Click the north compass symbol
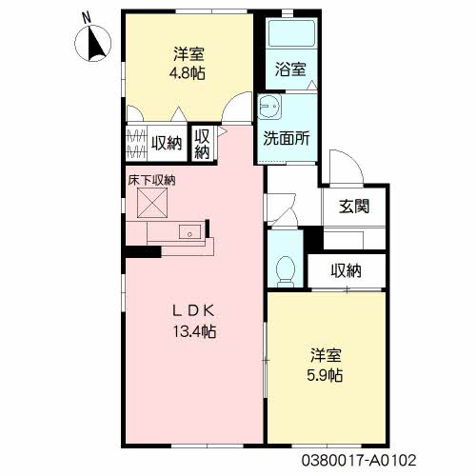pyautogui.click(x=93, y=43)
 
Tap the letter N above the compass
pyautogui.click(x=86, y=18)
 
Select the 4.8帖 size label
pyautogui.click(x=187, y=73)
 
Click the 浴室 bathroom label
pyautogui.click(x=290, y=69)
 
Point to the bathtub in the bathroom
pyautogui.click(x=291, y=33)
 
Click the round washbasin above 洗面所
pyautogui.click(x=269, y=107)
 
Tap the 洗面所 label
pyautogui.click(x=287, y=138)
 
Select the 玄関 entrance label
pyautogui.click(x=354, y=207)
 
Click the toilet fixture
pyautogui.click(x=286, y=271)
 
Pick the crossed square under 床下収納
pyautogui.click(x=152, y=203)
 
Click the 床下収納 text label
pyautogui.click(x=151, y=181)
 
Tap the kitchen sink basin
pyautogui.click(x=189, y=232)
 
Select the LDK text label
pyautogui.click(x=193, y=311)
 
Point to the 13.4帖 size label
pyautogui.click(x=194, y=332)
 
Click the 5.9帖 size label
pyautogui.click(x=325, y=376)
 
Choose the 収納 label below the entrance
pyautogui.click(x=347, y=271)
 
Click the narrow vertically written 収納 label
pyautogui.click(x=202, y=145)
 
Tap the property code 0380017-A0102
pyautogui.click(x=359, y=461)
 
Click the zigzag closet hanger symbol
pyautogui.click(x=136, y=144)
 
